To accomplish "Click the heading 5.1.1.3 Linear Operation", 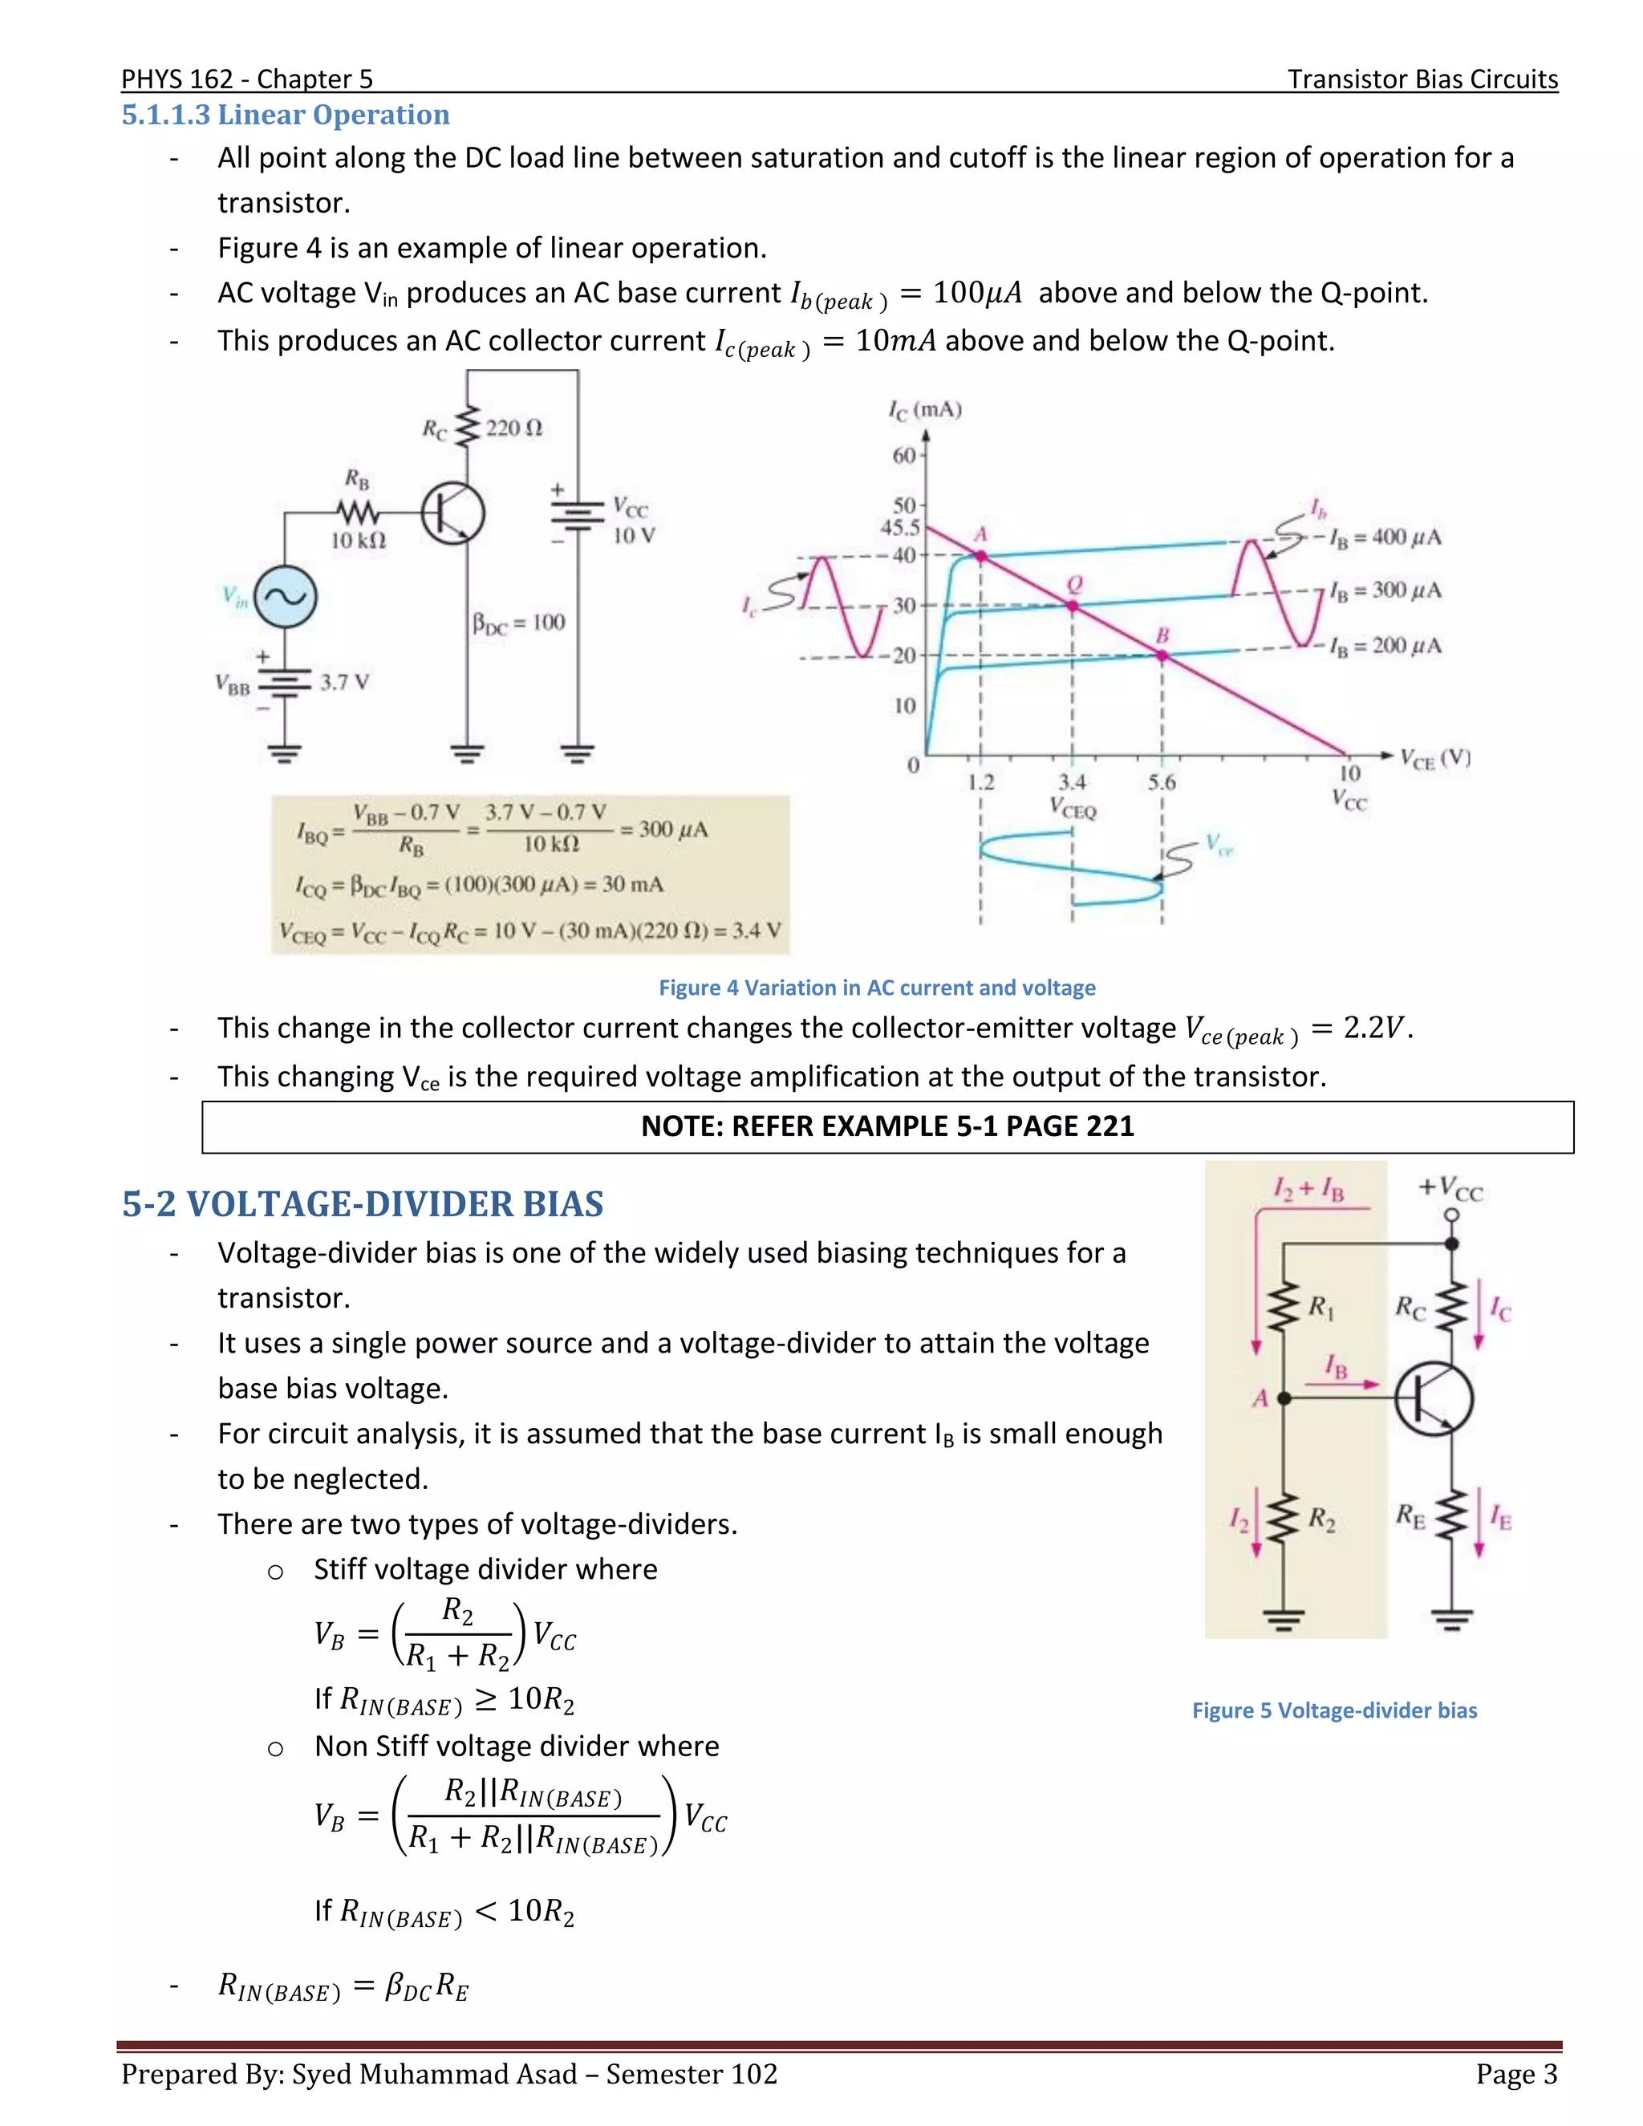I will (x=285, y=115).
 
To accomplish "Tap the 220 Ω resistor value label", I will (x=513, y=428).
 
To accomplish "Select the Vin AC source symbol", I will (x=285, y=597).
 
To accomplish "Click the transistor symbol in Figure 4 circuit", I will (x=452, y=513).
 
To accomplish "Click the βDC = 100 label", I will (x=517, y=623).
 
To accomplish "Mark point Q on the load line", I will (x=1073, y=606).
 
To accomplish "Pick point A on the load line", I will (x=981, y=556).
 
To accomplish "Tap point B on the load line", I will (x=1162, y=656).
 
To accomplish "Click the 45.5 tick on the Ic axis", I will (x=900, y=528).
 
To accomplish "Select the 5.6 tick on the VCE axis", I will (x=1161, y=781).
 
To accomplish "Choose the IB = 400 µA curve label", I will (x=1386, y=538).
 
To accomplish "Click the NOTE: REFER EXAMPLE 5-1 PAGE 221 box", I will (x=886, y=1126).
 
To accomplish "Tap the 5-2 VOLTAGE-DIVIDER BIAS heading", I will (x=362, y=1204).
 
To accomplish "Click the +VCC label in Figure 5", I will (x=1450, y=1189).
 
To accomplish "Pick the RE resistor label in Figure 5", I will (x=1410, y=1515).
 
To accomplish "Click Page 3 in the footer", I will (x=1515, y=2075).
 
